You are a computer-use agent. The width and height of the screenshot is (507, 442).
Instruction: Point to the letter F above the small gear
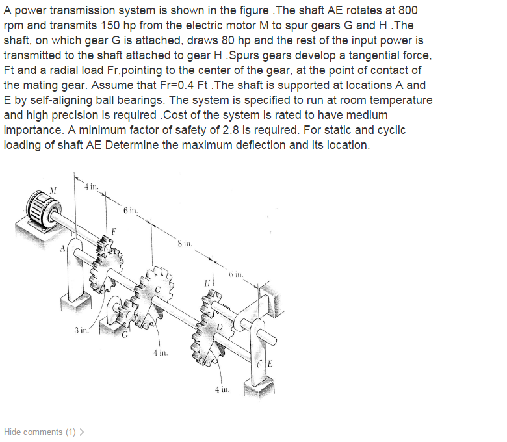pos(113,231)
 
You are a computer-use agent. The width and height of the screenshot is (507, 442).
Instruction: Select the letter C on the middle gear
pos(157,290)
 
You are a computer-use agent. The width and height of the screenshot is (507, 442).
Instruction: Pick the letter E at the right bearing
pos(269,363)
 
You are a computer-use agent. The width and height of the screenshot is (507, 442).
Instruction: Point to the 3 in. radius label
pos(81,330)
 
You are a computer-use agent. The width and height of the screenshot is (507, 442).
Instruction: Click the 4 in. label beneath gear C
pos(161,353)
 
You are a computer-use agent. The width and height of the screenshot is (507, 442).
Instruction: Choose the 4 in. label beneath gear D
pos(222,389)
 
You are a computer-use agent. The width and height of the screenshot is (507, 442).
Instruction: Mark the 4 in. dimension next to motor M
pos(92,187)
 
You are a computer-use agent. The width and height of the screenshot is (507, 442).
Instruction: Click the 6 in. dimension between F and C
pos(130,210)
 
